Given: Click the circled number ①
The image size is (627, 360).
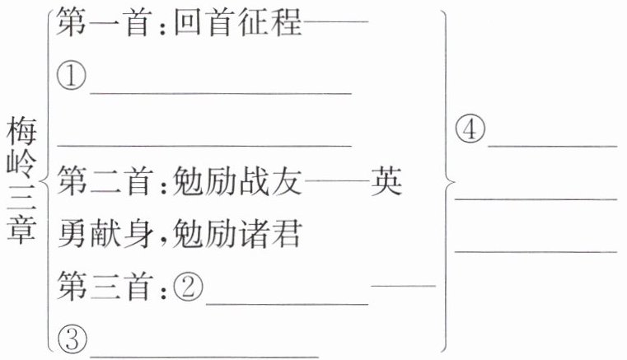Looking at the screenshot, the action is click(72, 79).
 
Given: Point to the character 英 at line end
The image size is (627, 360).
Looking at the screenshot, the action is click(385, 182).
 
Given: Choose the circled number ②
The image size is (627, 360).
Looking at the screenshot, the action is click(187, 288).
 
